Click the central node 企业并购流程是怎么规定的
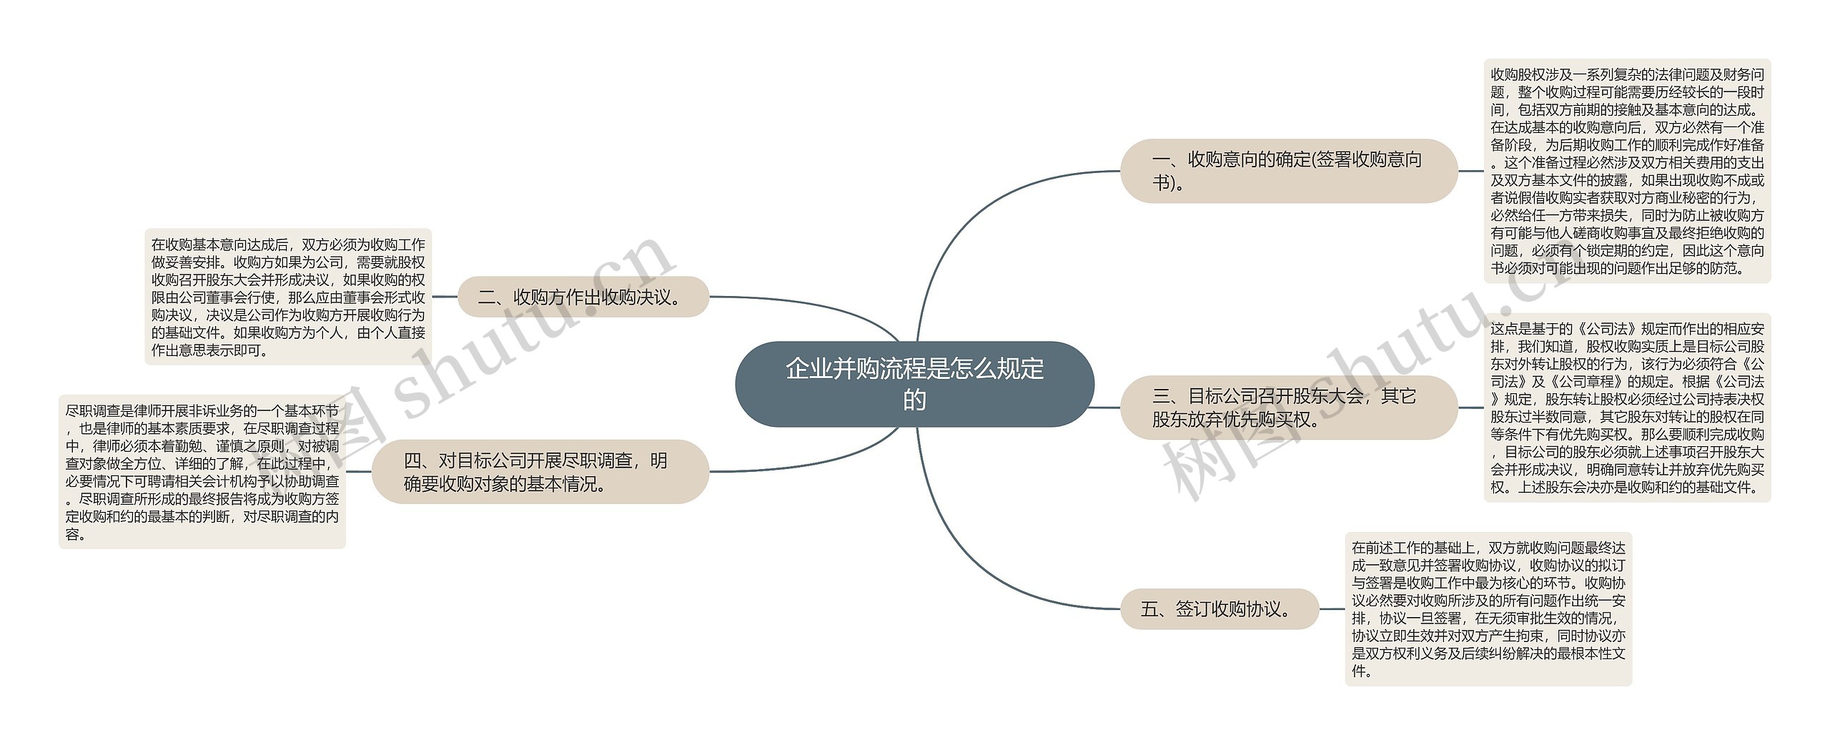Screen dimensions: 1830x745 [x=914, y=384]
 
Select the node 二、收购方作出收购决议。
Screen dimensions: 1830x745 [x=583, y=297]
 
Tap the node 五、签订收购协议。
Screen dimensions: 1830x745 [x=1219, y=609]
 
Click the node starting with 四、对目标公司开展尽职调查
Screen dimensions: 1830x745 [x=540, y=472]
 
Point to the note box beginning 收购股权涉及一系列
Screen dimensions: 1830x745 [x=1627, y=172]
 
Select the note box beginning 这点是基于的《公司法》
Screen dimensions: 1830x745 [x=1627, y=408]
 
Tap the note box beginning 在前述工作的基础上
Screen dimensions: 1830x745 [x=1488, y=609]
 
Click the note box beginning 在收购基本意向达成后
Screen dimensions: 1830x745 [x=288, y=297]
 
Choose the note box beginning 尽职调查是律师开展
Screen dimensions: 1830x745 [x=202, y=472]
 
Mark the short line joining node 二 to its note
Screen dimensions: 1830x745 [x=445, y=297]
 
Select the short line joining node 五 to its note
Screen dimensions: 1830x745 [x=1332, y=609]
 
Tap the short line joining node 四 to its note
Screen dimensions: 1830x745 [x=359, y=472]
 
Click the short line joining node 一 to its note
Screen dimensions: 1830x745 [x=1470, y=171]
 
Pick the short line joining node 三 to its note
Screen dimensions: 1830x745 [x=1470, y=408]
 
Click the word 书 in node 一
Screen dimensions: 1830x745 [x=1161, y=183]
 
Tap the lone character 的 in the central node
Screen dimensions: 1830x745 [x=914, y=400]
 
